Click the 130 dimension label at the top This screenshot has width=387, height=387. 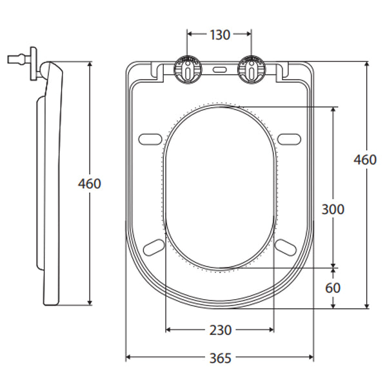click(x=219, y=35)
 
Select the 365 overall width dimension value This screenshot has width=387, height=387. click(x=219, y=358)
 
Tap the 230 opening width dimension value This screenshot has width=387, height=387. click(x=220, y=330)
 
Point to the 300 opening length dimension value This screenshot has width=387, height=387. click(x=333, y=209)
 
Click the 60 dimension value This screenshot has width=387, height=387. click(x=333, y=288)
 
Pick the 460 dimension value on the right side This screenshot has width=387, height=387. click(x=365, y=160)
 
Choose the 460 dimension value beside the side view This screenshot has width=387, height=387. click(x=90, y=183)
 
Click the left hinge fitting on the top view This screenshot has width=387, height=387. click(x=187, y=69)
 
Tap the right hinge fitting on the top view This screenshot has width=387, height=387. click(x=251, y=69)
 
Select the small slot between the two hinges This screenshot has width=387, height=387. click(x=219, y=68)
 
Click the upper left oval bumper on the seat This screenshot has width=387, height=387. click(x=150, y=137)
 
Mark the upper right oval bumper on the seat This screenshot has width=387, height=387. click(x=289, y=137)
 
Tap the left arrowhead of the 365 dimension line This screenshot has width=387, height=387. click(x=128, y=357)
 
